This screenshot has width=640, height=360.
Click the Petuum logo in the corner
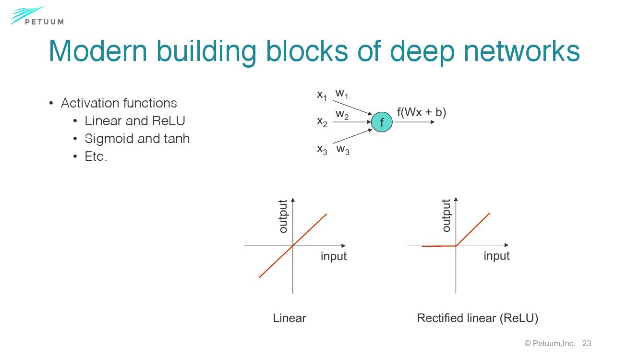[x=36, y=16]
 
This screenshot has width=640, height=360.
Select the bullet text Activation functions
[x=119, y=103]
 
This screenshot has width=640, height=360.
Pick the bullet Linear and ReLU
[x=134, y=121]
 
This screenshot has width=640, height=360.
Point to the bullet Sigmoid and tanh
[x=137, y=139]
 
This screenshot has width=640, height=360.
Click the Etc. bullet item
[x=96, y=156]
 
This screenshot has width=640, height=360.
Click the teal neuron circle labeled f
[x=382, y=122]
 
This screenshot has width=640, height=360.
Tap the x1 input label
[x=322, y=96]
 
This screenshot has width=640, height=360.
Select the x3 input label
[x=322, y=150]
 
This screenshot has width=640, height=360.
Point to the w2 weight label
[x=342, y=115]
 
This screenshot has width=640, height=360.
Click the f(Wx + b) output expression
[x=421, y=112]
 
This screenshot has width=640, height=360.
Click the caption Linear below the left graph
[x=289, y=318]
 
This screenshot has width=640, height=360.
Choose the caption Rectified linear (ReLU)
[x=477, y=318]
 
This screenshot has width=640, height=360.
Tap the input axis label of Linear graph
[x=333, y=256]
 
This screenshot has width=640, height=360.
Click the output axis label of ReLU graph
[x=446, y=216]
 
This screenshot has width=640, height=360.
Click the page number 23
[x=586, y=343]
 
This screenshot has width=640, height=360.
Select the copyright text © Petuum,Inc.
[x=550, y=343]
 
